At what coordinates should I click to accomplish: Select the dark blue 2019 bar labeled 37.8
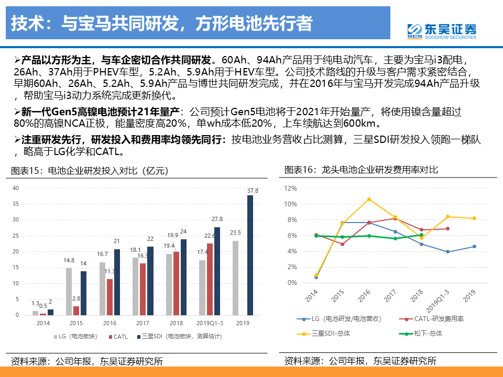tap(250, 255)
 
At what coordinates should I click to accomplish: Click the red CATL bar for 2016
tap(110, 297)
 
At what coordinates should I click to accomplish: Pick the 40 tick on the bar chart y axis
tap(16, 188)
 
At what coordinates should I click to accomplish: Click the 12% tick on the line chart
tap(290, 188)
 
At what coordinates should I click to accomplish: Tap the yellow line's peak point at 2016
tap(369, 199)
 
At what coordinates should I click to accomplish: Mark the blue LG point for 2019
tap(474, 246)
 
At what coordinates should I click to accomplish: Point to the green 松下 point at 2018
tap(421, 235)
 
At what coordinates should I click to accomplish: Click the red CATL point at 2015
tap(342, 244)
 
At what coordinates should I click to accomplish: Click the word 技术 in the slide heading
tap(24, 23)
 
